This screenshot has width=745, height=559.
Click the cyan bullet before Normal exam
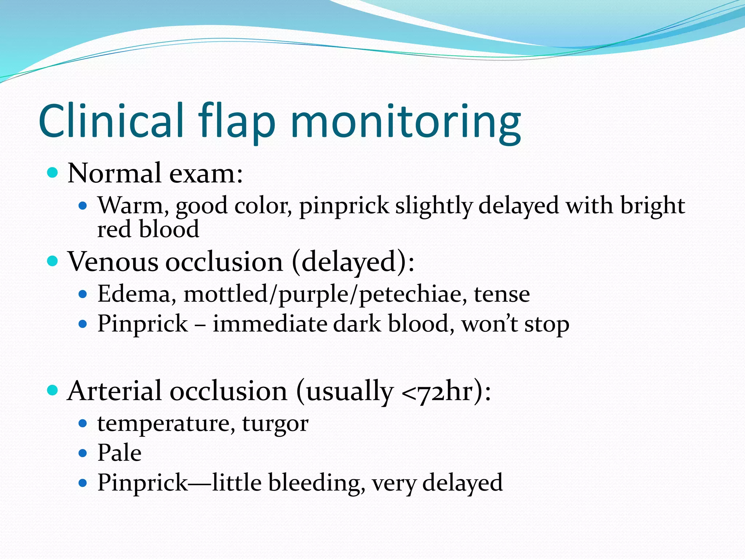(53, 172)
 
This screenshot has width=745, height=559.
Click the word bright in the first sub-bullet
(652, 206)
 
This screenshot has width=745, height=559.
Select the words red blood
(148, 229)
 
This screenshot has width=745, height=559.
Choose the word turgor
(275, 424)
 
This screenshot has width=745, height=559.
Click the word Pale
(119, 453)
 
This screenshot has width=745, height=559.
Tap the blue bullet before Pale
(83, 453)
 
